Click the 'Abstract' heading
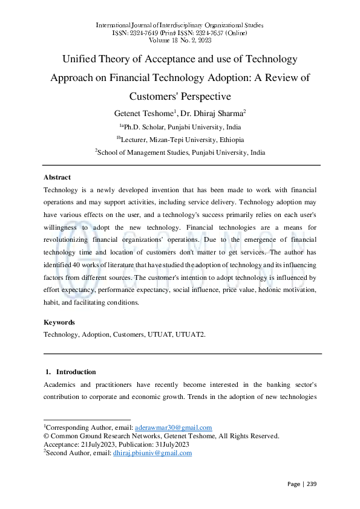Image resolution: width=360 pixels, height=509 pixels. click(x=57, y=177)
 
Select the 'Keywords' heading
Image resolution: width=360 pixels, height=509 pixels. click(x=59, y=322)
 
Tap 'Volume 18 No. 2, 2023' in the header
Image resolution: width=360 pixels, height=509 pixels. click(x=180, y=40)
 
